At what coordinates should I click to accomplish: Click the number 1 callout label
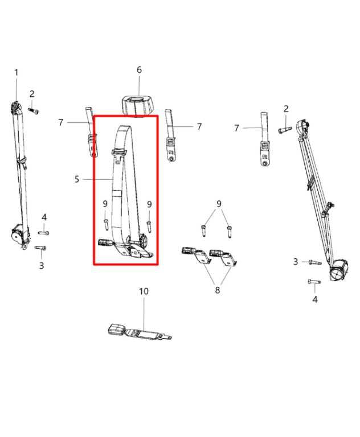pyautogui.click(x=16, y=72)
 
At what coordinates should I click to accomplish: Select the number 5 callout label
pyautogui.click(x=77, y=179)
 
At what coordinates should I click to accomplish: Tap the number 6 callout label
pyautogui.click(x=139, y=69)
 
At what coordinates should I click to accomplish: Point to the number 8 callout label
pyautogui.click(x=216, y=290)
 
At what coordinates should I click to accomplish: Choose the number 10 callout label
pyautogui.click(x=144, y=291)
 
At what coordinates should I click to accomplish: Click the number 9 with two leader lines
pyautogui.click(x=219, y=204)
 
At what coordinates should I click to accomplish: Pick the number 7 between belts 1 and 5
pyautogui.click(x=61, y=122)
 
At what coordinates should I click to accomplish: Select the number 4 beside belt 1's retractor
pyautogui.click(x=44, y=217)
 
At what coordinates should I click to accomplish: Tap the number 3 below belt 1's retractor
pyautogui.click(x=41, y=265)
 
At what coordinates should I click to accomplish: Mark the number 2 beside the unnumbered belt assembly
pyautogui.click(x=286, y=109)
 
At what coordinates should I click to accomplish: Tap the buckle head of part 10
pyautogui.click(x=118, y=329)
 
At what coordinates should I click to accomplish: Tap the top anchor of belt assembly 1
pyautogui.click(x=17, y=108)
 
